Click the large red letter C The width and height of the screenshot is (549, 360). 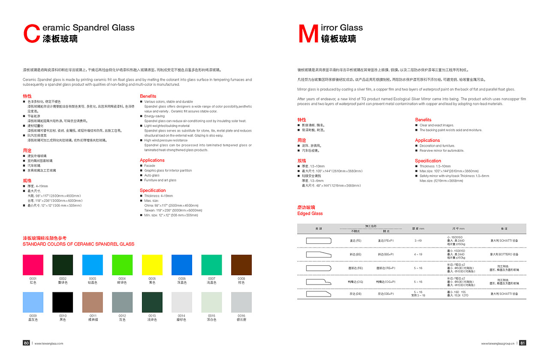32,34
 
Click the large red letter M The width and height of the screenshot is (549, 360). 308,34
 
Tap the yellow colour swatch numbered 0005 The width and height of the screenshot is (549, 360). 152,265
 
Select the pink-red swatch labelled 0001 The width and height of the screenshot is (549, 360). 33,265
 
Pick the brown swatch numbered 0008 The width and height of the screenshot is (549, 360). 241,265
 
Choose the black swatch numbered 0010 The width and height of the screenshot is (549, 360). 63,302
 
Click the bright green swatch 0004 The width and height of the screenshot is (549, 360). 122,265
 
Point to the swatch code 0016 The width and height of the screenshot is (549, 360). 241,316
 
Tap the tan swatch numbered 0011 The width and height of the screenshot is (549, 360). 93,302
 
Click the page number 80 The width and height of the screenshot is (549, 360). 26,343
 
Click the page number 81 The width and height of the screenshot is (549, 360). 522,343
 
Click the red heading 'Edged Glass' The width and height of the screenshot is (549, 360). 310,213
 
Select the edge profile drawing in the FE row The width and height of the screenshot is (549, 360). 319,241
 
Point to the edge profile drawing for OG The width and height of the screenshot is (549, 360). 319,282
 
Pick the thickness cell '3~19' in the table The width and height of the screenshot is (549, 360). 418,241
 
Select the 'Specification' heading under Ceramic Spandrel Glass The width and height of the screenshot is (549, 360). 153,190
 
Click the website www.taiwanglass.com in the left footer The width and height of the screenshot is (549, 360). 49,343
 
